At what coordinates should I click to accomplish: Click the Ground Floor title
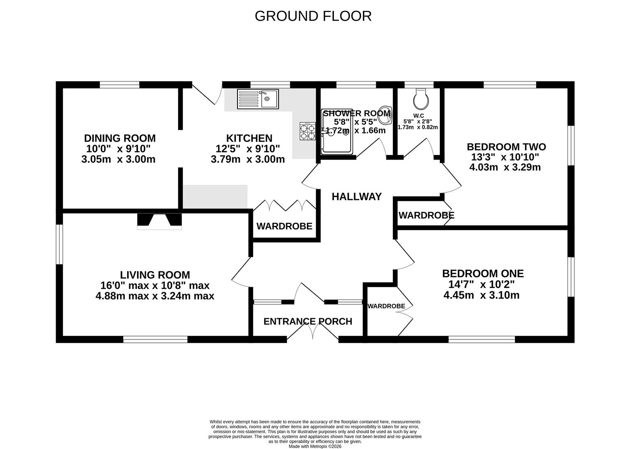[x=313, y=16]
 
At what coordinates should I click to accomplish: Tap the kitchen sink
[x=257, y=99]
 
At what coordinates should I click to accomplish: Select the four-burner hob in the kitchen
[x=308, y=131]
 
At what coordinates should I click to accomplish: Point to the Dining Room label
[x=120, y=138]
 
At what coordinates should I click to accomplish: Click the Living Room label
[x=155, y=275]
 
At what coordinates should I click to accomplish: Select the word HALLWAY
[x=356, y=197]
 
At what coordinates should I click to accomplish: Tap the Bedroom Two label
[x=506, y=147]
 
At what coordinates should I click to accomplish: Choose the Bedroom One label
[x=483, y=274]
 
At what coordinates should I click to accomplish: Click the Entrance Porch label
[x=308, y=321]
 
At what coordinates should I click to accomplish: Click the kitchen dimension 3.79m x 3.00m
[x=248, y=159]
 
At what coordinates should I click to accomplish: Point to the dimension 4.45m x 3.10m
[x=481, y=296]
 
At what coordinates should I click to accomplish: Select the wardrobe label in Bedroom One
[x=386, y=306]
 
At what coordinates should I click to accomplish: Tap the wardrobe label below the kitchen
[x=284, y=226]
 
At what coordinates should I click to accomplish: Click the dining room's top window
[x=119, y=85]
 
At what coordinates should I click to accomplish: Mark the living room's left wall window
[x=59, y=244]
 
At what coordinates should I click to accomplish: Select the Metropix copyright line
[x=315, y=447]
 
